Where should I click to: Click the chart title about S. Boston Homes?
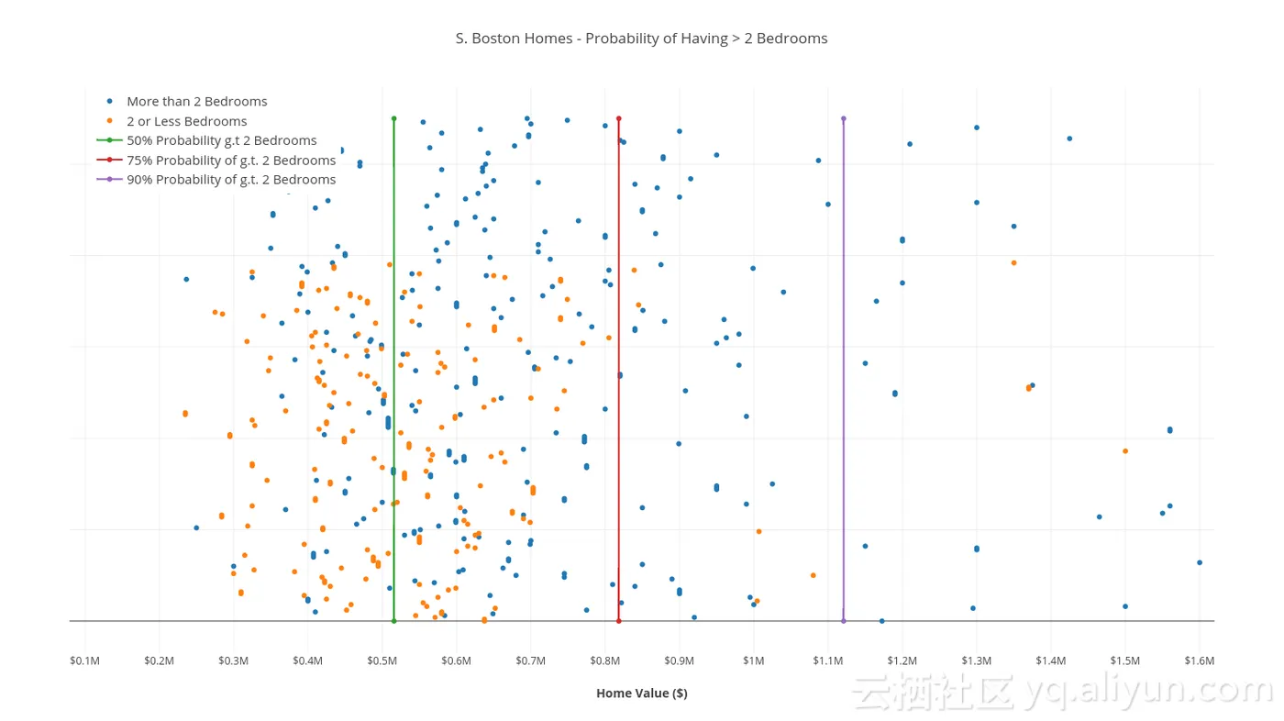[x=641, y=39]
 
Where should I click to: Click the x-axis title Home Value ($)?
[x=641, y=693]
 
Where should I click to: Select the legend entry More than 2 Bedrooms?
[x=196, y=102]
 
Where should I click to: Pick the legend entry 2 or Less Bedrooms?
[x=186, y=121]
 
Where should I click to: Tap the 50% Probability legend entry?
[x=221, y=140]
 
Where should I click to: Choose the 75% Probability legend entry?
[x=230, y=161]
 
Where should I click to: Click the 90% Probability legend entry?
[x=230, y=180]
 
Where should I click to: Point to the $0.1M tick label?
[x=84, y=661]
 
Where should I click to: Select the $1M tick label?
[x=753, y=661]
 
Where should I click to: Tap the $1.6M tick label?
[x=1199, y=661]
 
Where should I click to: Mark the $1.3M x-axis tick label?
[x=976, y=661]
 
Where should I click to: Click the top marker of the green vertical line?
[x=393, y=118]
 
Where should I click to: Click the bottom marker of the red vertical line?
[x=619, y=621]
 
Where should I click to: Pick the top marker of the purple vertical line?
[x=843, y=118]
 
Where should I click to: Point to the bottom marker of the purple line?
[x=843, y=621]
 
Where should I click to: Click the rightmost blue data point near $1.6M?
[x=1199, y=562]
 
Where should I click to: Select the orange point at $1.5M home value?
[x=1125, y=451]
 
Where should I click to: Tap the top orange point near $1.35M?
[x=1013, y=263]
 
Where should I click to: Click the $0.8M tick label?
[x=604, y=661]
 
